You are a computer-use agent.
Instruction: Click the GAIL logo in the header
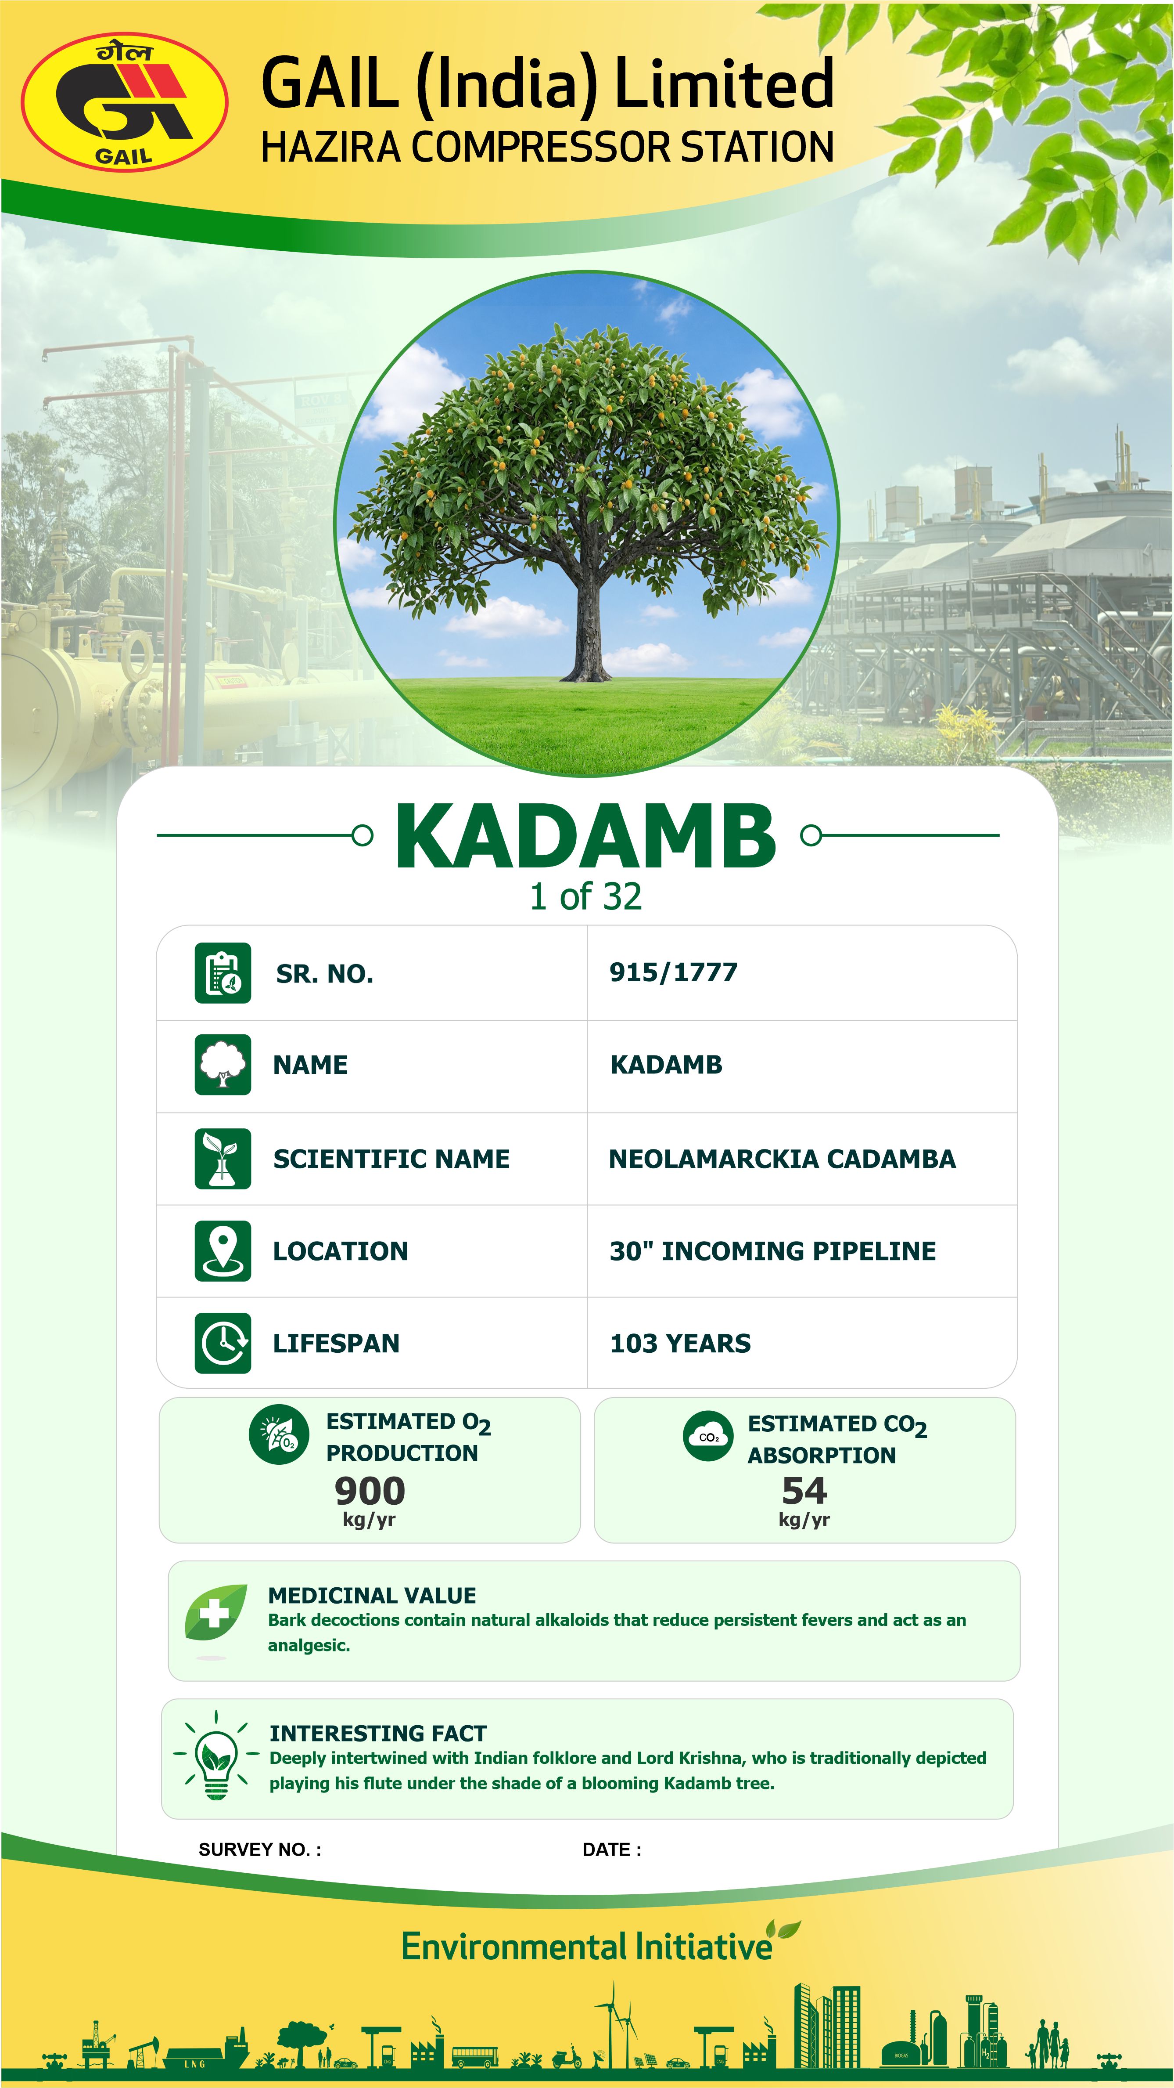(124, 102)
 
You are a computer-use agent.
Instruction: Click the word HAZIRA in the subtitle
(330, 148)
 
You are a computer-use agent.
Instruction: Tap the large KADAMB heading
(586, 837)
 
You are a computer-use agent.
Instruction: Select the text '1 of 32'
(586, 896)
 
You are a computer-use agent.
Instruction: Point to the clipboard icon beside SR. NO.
(223, 973)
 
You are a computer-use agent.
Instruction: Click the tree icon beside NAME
(223, 1064)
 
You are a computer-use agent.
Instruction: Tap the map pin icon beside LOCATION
(223, 1251)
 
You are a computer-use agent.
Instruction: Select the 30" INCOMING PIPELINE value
(772, 1251)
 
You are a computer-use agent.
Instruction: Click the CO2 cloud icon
(708, 1436)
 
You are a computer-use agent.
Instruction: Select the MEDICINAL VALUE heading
(372, 1595)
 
